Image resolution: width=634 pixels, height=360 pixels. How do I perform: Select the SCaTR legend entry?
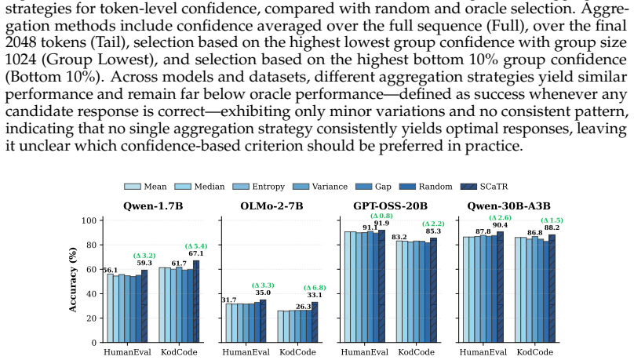(484, 187)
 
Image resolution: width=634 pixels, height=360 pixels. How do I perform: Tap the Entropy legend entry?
(259, 187)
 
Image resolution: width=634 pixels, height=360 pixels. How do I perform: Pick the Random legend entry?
(426, 187)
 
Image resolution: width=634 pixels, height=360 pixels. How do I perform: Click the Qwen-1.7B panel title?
(153, 206)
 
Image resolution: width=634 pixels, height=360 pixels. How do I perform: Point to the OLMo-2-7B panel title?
(271, 206)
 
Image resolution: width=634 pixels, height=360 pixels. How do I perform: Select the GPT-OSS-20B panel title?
(390, 206)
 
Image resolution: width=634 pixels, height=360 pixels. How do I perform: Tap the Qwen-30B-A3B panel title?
(508, 206)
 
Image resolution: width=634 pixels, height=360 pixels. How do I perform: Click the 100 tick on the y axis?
(89, 220)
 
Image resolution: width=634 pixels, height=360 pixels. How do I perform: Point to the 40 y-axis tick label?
(91, 294)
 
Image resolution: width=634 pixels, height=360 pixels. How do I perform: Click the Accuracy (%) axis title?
(73, 279)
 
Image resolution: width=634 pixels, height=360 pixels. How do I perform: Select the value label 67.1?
(196, 253)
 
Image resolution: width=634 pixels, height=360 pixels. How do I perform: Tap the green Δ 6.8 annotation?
(315, 288)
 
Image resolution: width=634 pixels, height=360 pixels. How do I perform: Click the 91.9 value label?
(381, 224)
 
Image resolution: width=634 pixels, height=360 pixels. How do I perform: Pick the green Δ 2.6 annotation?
(500, 218)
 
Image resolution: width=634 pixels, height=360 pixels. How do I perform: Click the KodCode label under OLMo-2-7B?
(297, 352)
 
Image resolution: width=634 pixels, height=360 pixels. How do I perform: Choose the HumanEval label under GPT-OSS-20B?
(364, 352)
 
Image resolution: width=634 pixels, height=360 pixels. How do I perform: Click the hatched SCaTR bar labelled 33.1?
(315, 322)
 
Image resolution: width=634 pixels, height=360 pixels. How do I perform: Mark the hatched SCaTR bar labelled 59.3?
(144, 306)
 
